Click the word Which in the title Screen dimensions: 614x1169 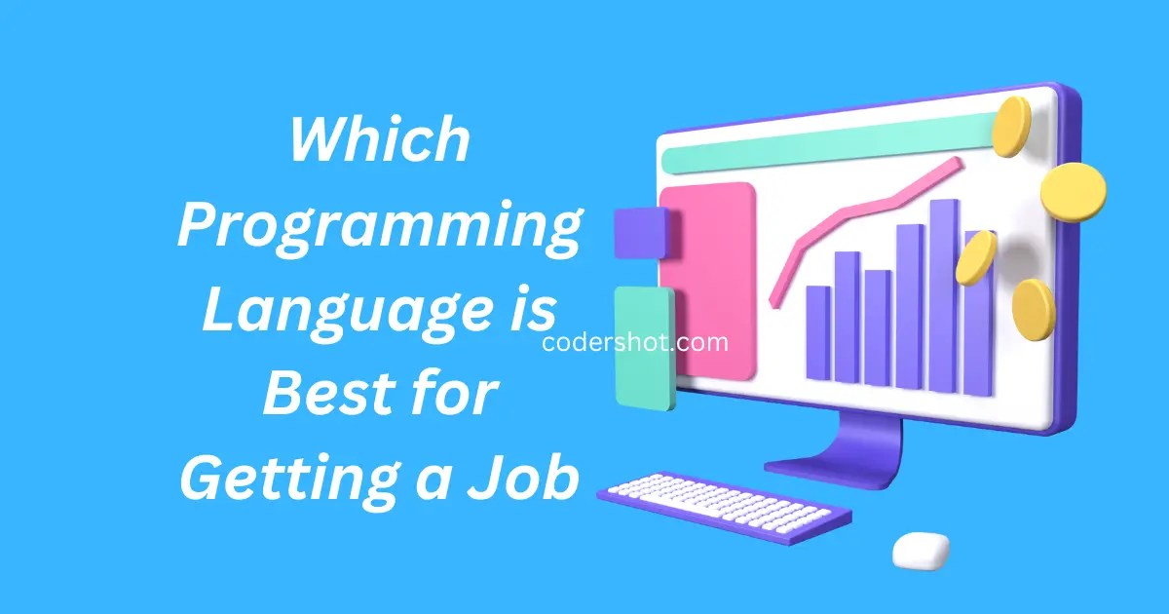[x=380, y=142]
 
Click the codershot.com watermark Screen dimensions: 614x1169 [x=634, y=342]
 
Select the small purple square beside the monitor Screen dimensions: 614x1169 [x=640, y=232]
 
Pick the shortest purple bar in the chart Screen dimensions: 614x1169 [x=818, y=331]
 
